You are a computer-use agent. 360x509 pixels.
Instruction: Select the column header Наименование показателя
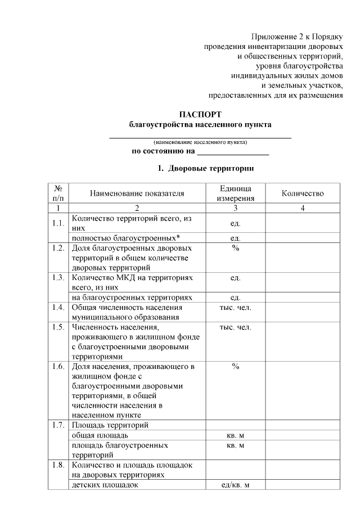pyautogui.click(x=137, y=193)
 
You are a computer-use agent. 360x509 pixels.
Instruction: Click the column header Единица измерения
pyautogui.click(x=236, y=193)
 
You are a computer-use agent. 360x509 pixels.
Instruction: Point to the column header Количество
pyautogui.click(x=303, y=193)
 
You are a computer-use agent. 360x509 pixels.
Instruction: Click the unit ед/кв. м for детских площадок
pyautogui.click(x=236, y=485)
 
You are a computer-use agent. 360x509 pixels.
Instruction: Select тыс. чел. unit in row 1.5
pyautogui.click(x=236, y=327)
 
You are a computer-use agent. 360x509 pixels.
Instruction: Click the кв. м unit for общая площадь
pyautogui.click(x=236, y=435)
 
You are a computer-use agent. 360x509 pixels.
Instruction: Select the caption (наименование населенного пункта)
pyautogui.click(x=200, y=142)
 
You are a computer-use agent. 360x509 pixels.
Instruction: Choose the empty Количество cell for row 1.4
pyautogui.click(x=303, y=312)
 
